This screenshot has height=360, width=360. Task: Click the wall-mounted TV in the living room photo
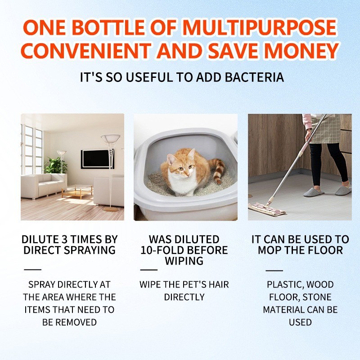97,159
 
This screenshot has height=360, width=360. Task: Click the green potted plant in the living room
56,166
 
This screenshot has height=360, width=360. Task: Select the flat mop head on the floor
267,209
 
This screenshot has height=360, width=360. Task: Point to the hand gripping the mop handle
308,133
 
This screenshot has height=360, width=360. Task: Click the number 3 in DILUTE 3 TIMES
65,239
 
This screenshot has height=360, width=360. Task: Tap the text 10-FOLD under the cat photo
162,251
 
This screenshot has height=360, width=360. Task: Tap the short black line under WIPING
149,270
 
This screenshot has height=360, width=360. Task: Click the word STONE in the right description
317,297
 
